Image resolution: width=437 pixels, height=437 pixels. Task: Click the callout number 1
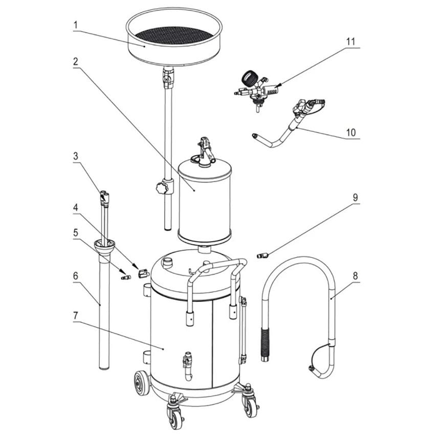coord(75,24)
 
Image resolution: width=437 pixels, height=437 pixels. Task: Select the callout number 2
coord(75,61)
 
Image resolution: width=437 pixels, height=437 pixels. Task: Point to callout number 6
coord(75,275)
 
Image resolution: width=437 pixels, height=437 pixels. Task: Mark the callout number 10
coord(351,132)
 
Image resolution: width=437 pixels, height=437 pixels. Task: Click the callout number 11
coord(351,40)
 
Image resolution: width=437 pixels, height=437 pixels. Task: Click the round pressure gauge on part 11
coord(249,79)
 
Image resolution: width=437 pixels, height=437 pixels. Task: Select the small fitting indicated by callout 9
coord(263,255)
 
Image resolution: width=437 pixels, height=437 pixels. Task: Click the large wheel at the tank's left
coord(142,383)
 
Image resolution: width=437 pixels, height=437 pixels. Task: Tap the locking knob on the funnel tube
coord(162,188)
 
